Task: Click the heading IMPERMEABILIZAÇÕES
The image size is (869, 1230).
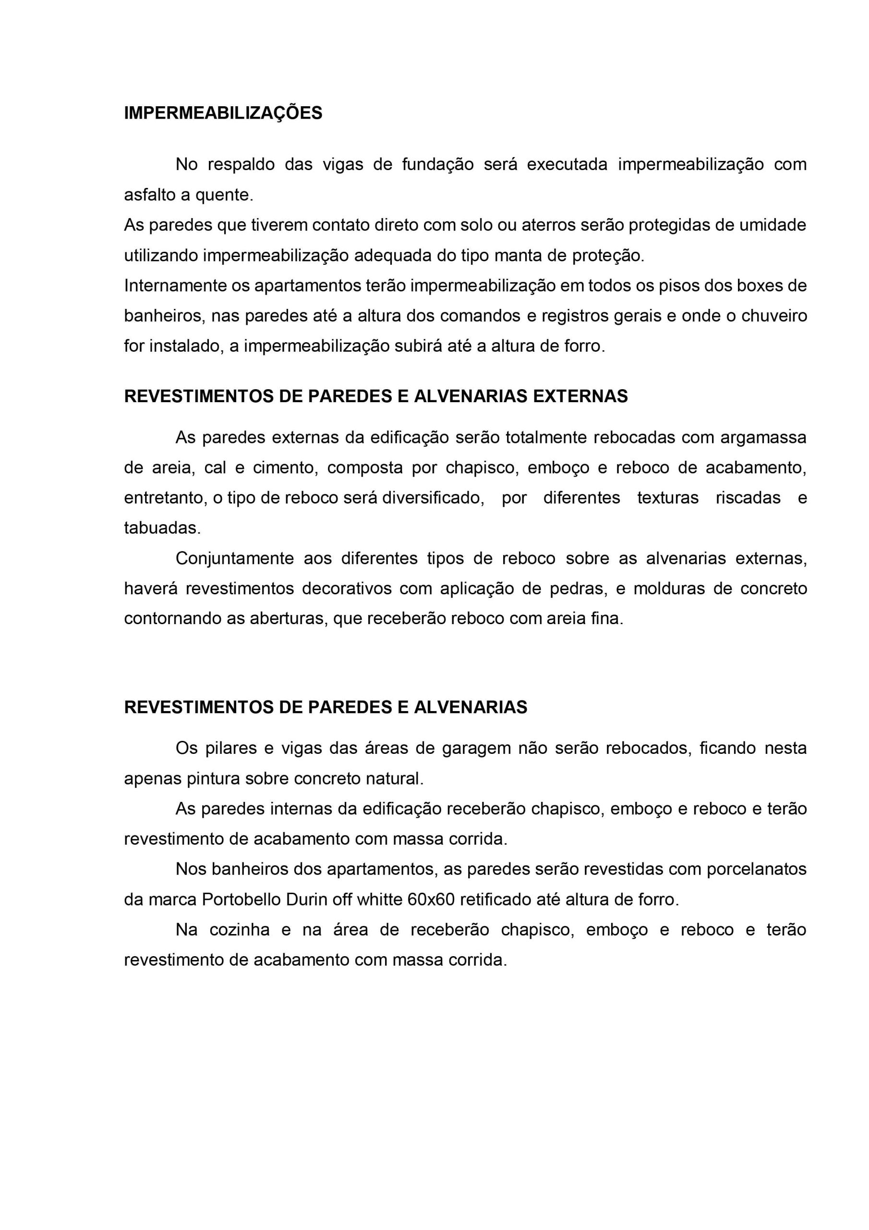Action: [223, 113]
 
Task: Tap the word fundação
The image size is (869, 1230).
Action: [438, 164]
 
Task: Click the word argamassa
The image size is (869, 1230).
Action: [763, 437]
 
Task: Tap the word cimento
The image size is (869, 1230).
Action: [283, 467]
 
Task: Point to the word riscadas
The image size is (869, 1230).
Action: [748, 498]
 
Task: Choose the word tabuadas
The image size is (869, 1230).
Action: [162, 528]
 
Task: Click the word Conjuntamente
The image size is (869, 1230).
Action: [234, 558]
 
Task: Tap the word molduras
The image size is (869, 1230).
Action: [668, 588]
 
